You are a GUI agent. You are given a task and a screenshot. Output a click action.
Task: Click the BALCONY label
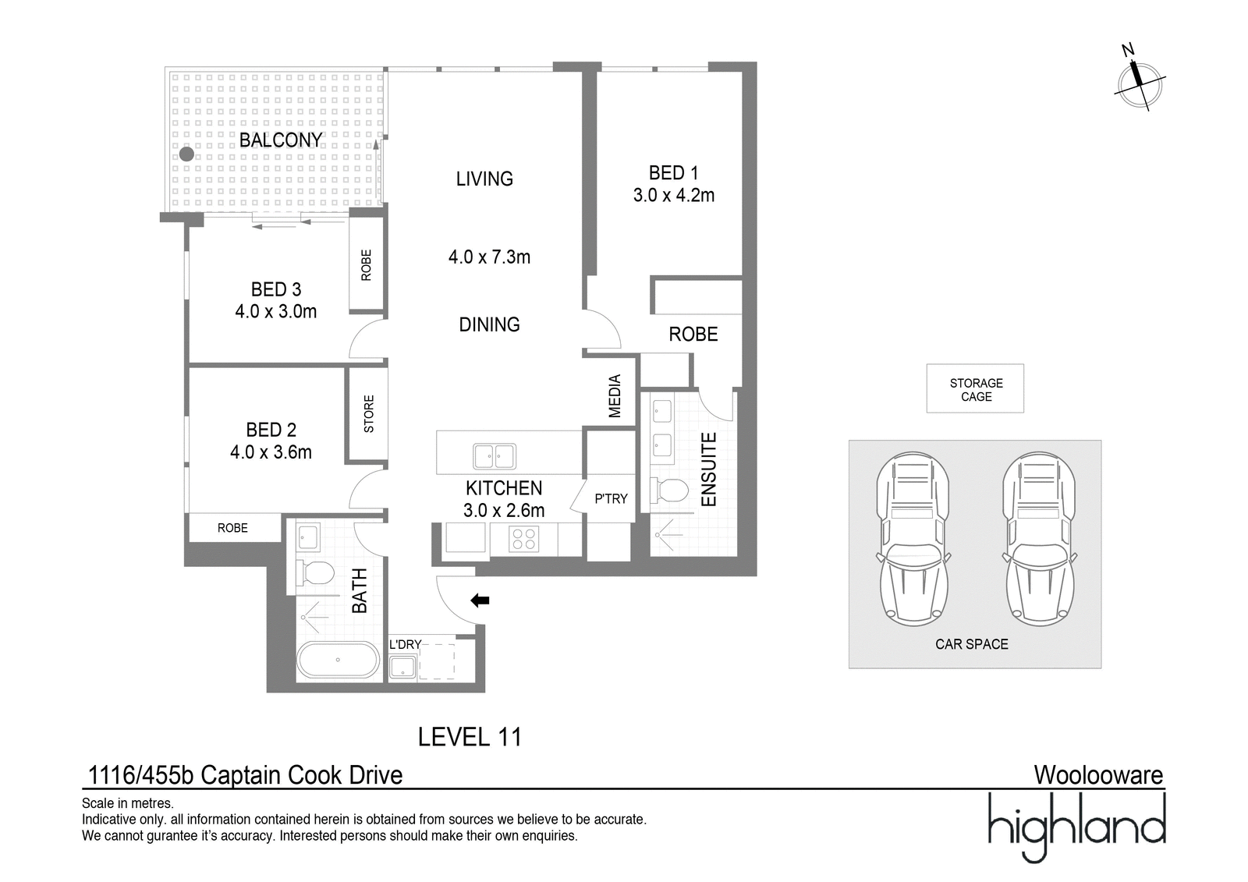point(281,140)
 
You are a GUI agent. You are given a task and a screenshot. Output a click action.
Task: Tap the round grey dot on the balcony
point(186,154)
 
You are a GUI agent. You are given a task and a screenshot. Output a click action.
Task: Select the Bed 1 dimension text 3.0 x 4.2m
point(674,195)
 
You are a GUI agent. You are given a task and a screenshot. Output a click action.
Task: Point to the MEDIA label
point(614,396)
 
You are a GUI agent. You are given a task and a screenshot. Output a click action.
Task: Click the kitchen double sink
point(495,456)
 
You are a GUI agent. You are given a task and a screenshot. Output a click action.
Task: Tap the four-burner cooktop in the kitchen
point(523,538)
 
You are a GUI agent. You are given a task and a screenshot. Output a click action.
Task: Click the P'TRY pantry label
point(612,498)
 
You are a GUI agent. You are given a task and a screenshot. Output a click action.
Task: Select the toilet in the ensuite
point(668,491)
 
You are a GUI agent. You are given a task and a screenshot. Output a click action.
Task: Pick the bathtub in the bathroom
point(338,661)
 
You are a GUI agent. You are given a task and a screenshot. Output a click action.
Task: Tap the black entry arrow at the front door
point(480,600)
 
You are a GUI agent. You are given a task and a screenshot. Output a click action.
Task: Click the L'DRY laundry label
point(405,645)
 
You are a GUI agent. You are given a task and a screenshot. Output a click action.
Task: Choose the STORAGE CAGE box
point(975,388)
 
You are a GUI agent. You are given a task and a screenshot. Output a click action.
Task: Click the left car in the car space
point(913,539)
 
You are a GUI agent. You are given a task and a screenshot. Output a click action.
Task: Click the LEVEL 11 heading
point(470,737)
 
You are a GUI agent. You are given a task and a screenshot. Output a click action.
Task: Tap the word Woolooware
point(1099,775)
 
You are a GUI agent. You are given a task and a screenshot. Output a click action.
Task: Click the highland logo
point(1076,827)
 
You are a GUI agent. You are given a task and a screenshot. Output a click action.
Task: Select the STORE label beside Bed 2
point(369,414)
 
